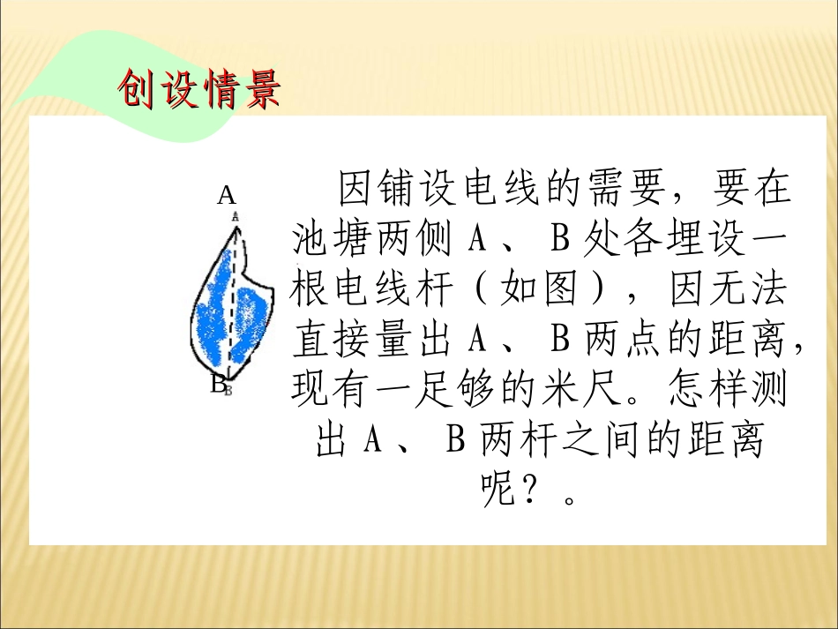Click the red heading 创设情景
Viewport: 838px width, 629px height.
[199, 89]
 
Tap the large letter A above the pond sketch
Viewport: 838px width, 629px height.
[227, 195]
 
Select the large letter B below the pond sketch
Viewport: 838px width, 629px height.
[218, 385]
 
